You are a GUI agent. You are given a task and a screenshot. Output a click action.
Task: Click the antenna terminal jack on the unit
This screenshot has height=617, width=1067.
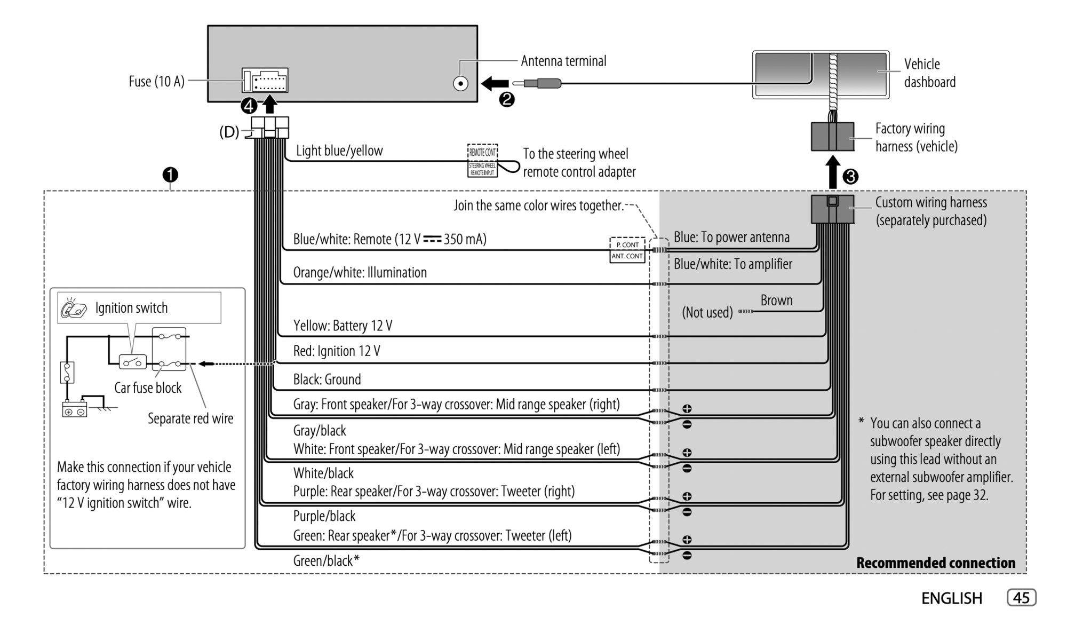pyautogui.click(x=460, y=84)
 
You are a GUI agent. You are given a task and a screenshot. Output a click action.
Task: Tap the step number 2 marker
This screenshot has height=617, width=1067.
pyautogui.click(x=506, y=99)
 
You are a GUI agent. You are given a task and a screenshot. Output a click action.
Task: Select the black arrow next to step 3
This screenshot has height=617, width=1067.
pyautogui.click(x=833, y=172)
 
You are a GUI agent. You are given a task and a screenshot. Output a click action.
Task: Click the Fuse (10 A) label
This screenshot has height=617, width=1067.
pyautogui.click(x=156, y=82)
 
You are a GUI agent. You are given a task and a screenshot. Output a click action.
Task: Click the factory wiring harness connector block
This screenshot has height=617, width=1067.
pyautogui.click(x=832, y=137)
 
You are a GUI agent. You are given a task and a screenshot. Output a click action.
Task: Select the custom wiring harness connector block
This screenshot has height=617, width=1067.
pyautogui.click(x=832, y=209)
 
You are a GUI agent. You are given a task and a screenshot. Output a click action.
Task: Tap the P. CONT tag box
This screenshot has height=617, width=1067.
pyautogui.click(x=627, y=244)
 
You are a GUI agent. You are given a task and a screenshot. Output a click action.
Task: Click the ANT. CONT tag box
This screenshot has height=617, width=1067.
pyautogui.click(x=627, y=256)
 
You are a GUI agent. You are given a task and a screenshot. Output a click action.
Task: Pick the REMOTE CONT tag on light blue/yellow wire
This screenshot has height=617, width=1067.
pyautogui.click(x=482, y=152)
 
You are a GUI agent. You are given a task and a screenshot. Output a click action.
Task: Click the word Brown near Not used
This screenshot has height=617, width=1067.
pyautogui.click(x=776, y=300)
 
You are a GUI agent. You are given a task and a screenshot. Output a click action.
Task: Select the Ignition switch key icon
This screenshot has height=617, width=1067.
pyautogui.click(x=74, y=308)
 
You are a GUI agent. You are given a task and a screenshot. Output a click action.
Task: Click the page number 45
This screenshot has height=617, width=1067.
pyautogui.click(x=1021, y=598)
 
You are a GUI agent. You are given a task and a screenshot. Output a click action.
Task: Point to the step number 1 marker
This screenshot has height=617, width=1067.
pyautogui.click(x=170, y=175)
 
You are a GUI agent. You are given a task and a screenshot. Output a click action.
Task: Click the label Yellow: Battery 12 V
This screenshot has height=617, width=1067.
pyautogui.click(x=343, y=326)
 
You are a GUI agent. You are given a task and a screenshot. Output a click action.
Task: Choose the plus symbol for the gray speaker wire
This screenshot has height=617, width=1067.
pyautogui.click(x=687, y=409)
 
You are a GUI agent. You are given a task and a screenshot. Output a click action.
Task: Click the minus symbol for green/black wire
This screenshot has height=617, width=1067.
pyautogui.click(x=687, y=556)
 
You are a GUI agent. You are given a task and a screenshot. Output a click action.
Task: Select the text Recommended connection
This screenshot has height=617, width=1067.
pyautogui.click(x=936, y=563)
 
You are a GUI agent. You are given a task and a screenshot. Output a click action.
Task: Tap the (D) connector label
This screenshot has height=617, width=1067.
pyautogui.click(x=229, y=132)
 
